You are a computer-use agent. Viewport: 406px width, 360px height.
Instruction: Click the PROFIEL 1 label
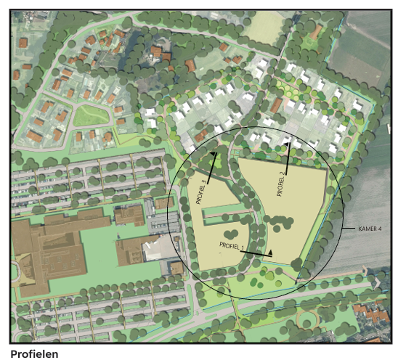coord(230,246)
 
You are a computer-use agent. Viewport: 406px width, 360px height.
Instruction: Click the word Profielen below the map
coord(34,353)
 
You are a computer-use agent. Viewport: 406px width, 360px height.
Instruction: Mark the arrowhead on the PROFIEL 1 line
coord(270,252)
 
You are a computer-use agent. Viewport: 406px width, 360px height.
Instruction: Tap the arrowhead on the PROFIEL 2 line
coord(289,145)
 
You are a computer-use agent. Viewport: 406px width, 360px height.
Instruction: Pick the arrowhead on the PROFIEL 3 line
coord(214,154)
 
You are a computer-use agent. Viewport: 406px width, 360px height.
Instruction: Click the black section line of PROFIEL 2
coord(288,161)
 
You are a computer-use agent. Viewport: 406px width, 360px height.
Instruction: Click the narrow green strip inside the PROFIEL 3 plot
coord(224,214)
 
